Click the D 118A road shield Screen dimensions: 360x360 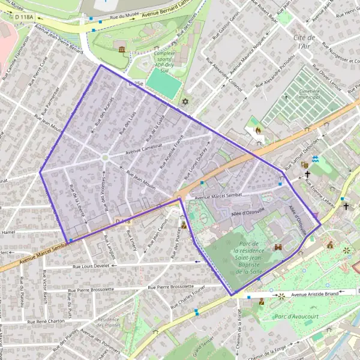pos(25,17)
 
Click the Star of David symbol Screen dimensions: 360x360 pos(185,103)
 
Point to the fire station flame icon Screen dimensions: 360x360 pos(258,129)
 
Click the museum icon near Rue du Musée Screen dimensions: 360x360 pos(122,49)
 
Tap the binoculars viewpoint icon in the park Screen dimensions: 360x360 pos(278,247)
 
